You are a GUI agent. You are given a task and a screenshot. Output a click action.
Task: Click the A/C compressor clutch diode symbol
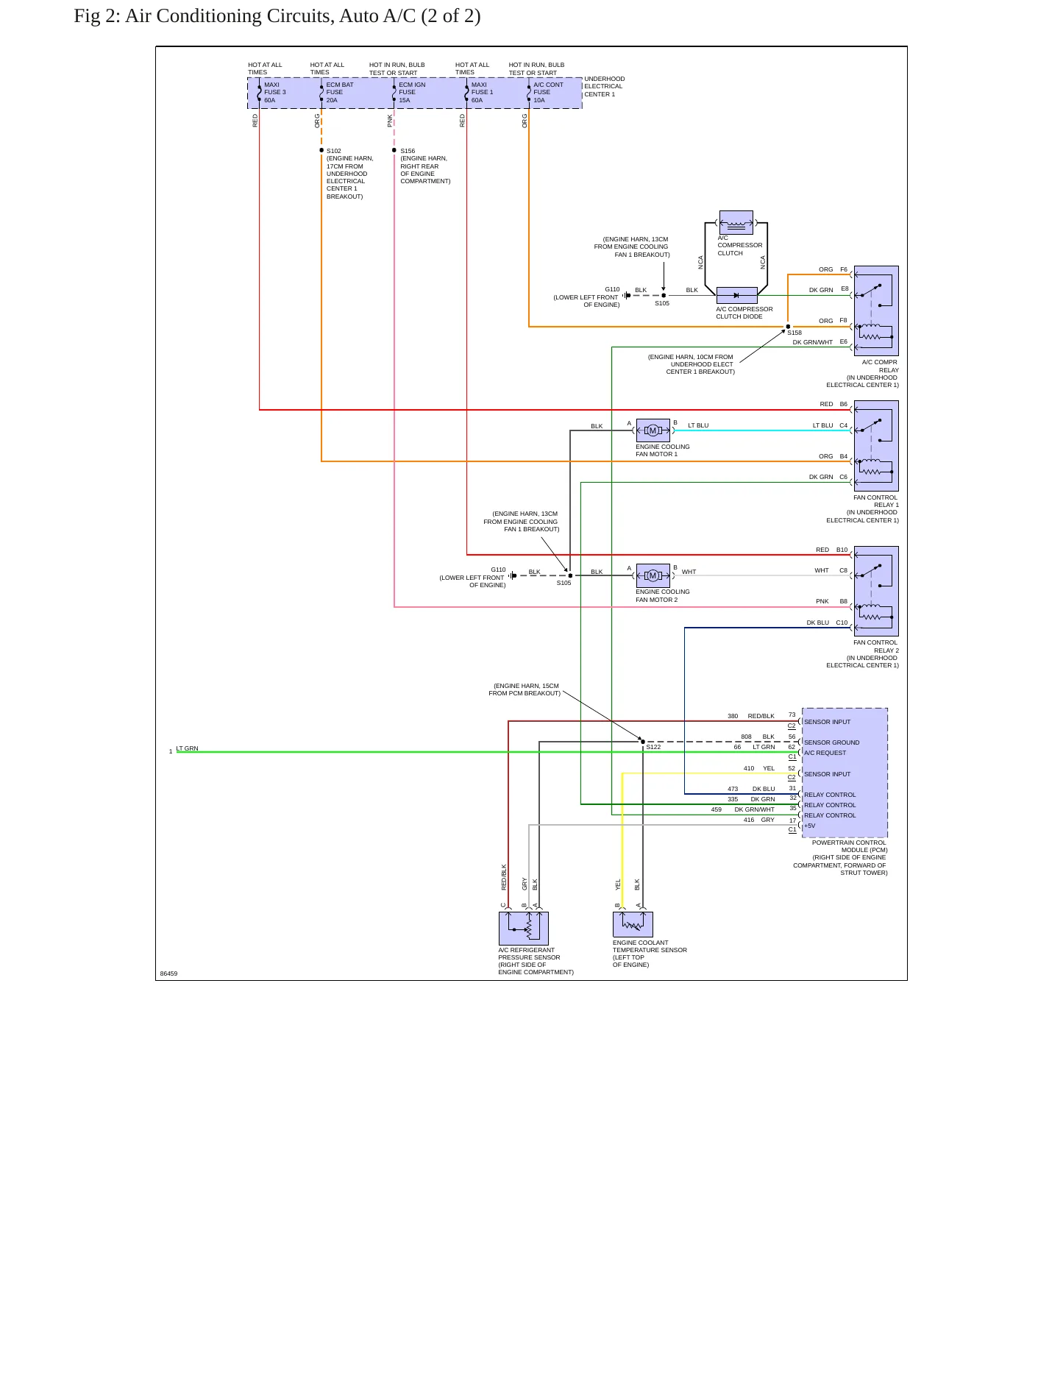pyautogui.click(x=736, y=296)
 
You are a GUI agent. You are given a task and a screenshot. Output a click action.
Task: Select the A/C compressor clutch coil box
pyautogui.click(x=736, y=222)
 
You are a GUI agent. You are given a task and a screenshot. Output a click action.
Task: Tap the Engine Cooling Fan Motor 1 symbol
pyautogui.click(x=653, y=430)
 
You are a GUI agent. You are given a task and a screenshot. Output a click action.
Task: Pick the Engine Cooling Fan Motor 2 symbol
pyautogui.click(x=653, y=575)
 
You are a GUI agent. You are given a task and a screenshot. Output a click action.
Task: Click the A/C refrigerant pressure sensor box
pyautogui.click(x=524, y=929)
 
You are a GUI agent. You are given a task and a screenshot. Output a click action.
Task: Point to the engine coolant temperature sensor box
pyautogui.click(x=633, y=924)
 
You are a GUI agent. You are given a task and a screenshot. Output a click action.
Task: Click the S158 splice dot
pyautogui.click(x=788, y=327)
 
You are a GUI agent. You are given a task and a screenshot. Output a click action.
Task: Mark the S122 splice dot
pyautogui.click(x=643, y=742)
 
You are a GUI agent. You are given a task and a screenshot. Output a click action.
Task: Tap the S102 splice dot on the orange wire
pyautogui.click(x=321, y=150)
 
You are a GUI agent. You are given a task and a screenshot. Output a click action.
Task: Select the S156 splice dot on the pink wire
pyautogui.click(x=394, y=150)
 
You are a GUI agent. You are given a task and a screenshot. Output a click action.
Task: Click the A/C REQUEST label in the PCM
pyautogui.click(x=825, y=753)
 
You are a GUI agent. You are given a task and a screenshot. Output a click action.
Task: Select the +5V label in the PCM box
pyautogui.click(x=809, y=826)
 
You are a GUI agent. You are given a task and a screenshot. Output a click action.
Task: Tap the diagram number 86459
pyautogui.click(x=168, y=974)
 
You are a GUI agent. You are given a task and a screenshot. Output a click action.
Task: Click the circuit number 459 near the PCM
pyautogui.click(x=717, y=809)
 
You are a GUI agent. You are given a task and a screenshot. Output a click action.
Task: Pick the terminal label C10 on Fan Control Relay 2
pyautogui.click(x=842, y=623)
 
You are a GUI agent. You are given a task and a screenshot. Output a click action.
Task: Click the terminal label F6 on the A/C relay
pyautogui.click(x=844, y=269)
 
